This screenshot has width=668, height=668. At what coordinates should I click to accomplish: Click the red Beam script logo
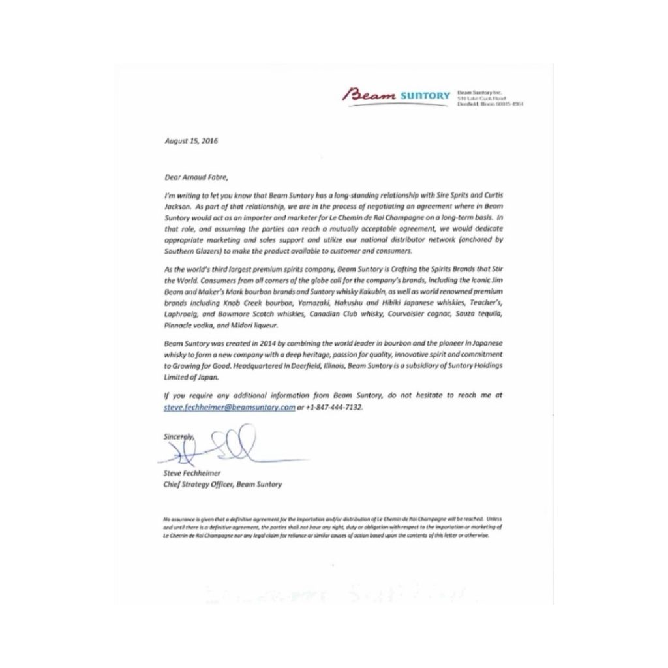pos(373,96)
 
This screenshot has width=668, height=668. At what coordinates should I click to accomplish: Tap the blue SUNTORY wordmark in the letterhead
pos(426,97)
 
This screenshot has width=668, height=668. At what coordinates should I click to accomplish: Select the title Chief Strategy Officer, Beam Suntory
pos(222,485)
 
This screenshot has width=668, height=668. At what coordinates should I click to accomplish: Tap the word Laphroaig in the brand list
pos(179,314)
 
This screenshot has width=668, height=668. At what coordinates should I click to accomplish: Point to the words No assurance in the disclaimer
pos(179,518)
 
